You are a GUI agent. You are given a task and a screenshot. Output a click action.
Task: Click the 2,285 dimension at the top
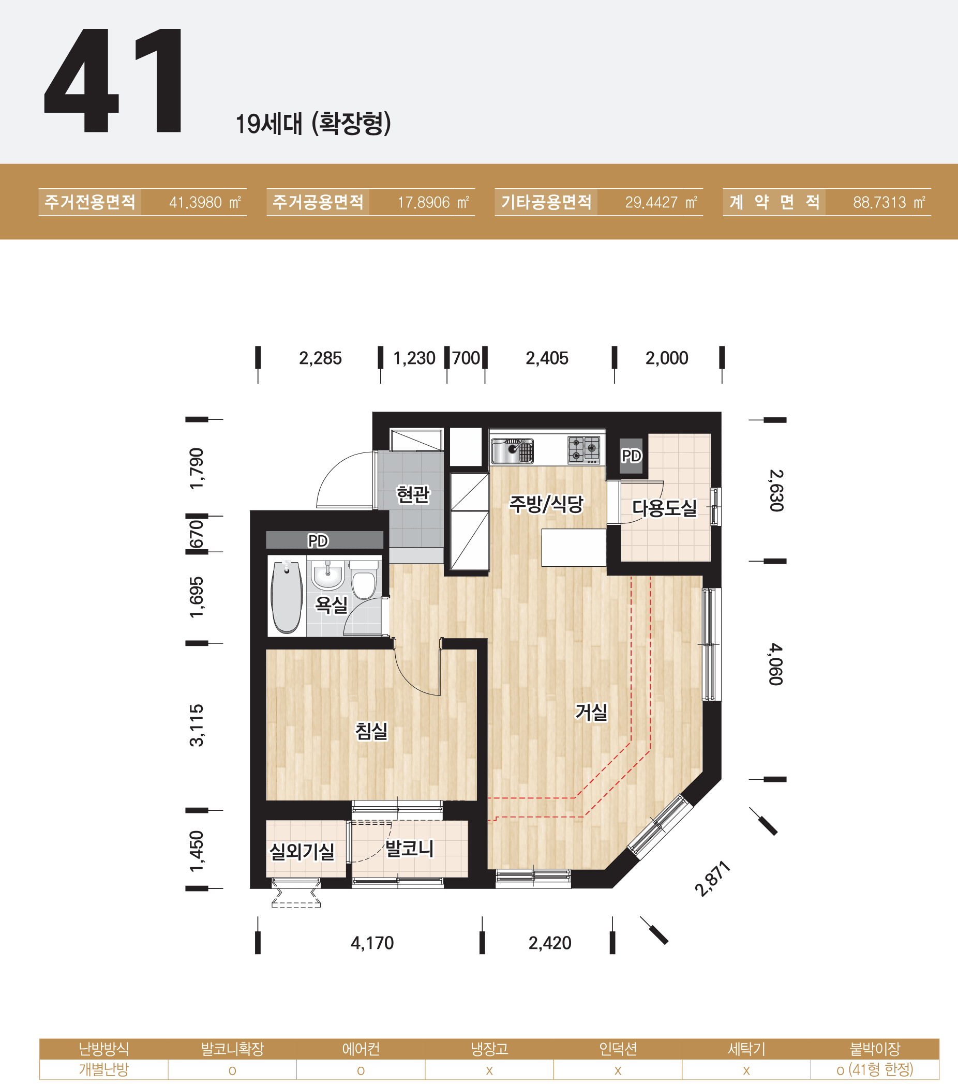320,358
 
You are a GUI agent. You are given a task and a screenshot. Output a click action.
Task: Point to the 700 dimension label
466,358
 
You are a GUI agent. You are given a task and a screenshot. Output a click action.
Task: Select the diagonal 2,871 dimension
712,878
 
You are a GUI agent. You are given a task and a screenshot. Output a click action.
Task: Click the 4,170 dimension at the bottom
372,943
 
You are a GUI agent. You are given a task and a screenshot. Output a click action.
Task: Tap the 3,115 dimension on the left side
197,725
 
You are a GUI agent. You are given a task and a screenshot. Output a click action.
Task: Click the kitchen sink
512,451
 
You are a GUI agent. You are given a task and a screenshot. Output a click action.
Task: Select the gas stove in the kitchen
583,449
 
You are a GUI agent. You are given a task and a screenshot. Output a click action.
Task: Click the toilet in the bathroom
364,580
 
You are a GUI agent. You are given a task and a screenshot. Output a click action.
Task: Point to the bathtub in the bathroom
287,597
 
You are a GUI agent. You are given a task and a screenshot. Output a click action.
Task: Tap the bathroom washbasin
327,575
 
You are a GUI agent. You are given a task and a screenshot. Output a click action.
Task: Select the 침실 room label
372,731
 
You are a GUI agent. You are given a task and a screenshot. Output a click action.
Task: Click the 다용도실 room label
664,507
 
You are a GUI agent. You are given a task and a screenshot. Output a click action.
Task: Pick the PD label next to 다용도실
632,456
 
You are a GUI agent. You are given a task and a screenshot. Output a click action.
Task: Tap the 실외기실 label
302,852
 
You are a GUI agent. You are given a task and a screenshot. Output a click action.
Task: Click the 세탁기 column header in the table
746,1049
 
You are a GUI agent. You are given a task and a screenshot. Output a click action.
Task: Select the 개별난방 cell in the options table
104,1069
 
